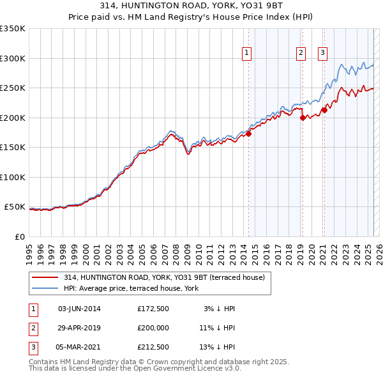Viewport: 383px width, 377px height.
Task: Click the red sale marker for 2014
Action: pos(249,134)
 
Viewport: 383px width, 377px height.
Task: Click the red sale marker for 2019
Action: pos(303,118)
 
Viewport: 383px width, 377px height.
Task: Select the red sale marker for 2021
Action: pos(324,110)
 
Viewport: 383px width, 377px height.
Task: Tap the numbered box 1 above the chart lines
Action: pos(246,53)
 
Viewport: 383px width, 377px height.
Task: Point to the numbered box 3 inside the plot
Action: pos(323,53)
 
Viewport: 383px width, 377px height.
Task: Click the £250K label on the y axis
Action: pos(13,88)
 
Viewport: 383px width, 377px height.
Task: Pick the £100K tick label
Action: pos(13,177)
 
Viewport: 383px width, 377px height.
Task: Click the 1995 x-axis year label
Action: pos(29,249)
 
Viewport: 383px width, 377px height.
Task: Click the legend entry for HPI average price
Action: pos(131,288)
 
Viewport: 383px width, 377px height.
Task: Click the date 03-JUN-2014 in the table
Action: pos(79,309)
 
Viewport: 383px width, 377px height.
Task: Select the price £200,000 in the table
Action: pos(154,328)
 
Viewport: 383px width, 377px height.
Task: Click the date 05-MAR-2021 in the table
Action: pos(79,347)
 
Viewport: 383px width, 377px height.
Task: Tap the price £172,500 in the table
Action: pos(154,309)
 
